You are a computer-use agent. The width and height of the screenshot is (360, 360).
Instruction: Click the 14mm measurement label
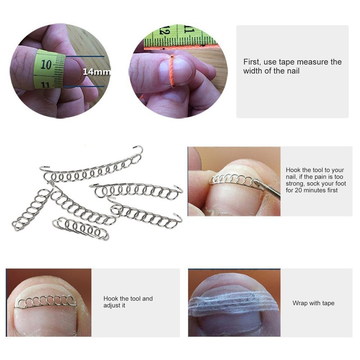point(97,72)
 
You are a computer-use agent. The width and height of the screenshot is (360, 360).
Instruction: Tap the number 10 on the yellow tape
point(46,64)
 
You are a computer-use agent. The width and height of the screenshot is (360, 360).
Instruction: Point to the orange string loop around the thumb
point(171,72)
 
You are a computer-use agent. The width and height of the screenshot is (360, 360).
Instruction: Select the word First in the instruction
point(252,62)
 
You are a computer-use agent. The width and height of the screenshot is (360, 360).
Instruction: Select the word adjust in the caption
point(112,306)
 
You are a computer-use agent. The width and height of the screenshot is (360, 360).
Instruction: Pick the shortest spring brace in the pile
point(81,228)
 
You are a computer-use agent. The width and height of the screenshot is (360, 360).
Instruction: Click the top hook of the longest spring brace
point(139,149)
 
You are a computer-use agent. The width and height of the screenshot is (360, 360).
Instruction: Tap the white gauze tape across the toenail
point(234,302)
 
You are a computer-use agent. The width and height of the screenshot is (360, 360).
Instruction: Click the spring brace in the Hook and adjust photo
point(46,301)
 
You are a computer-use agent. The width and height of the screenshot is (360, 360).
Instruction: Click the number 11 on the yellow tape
point(45,85)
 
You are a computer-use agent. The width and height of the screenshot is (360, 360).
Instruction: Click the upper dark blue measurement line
point(85,56)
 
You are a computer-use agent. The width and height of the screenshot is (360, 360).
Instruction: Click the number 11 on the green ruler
point(189,29)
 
